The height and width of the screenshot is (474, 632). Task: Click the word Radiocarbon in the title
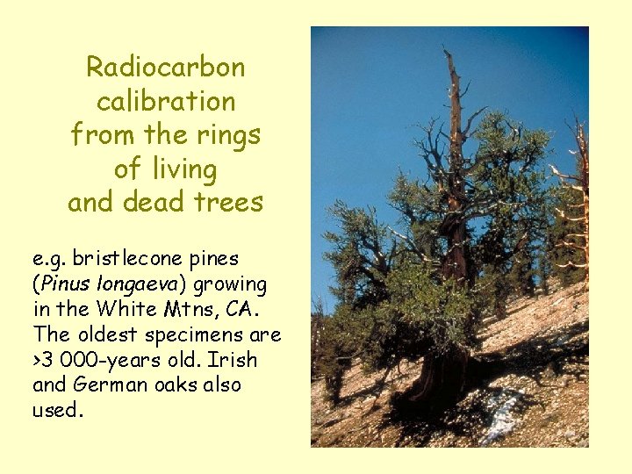coord(166,67)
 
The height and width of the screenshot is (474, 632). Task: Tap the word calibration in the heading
coord(166,101)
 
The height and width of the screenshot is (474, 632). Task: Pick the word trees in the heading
coord(230,202)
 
